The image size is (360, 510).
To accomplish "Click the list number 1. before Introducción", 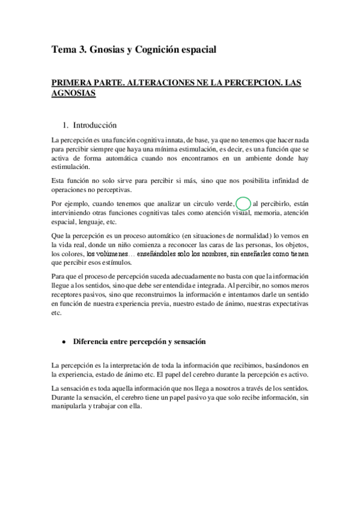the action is point(66,126).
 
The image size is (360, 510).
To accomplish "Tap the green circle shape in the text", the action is point(243,203).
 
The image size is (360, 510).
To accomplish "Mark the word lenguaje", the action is point(88,221).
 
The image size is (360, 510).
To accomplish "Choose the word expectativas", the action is point(289,305).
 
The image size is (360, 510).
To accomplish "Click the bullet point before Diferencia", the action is point(63,342).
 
